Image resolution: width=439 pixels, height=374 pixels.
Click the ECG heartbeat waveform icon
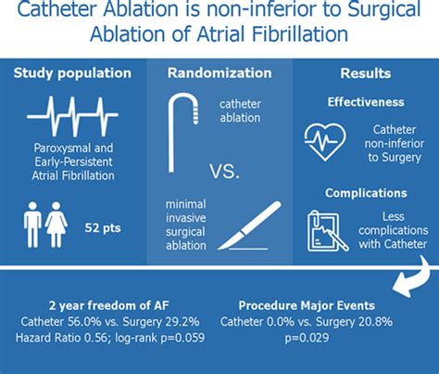point(72,116)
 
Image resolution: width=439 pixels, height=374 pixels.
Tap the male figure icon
point(32,225)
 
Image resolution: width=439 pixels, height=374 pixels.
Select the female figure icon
point(56,225)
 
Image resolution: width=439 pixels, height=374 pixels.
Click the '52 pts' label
point(103,228)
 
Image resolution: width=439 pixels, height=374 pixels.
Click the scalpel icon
point(250,226)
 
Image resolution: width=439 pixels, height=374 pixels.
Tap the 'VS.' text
point(224,171)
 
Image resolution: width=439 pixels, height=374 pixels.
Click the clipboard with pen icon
point(327,231)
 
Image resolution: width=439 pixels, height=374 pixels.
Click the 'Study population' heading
point(72,73)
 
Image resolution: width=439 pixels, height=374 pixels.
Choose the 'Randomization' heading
point(219,73)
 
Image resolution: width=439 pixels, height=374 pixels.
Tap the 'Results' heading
point(366,73)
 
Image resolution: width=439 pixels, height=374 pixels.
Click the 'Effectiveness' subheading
point(366,102)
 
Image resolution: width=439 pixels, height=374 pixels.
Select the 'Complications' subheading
point(366,193)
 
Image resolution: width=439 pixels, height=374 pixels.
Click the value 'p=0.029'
point(307,338)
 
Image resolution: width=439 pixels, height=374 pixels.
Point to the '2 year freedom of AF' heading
point(109,305)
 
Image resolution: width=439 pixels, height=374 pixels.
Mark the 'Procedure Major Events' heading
point(307,305)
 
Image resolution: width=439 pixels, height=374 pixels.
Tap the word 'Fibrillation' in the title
point(300,34)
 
